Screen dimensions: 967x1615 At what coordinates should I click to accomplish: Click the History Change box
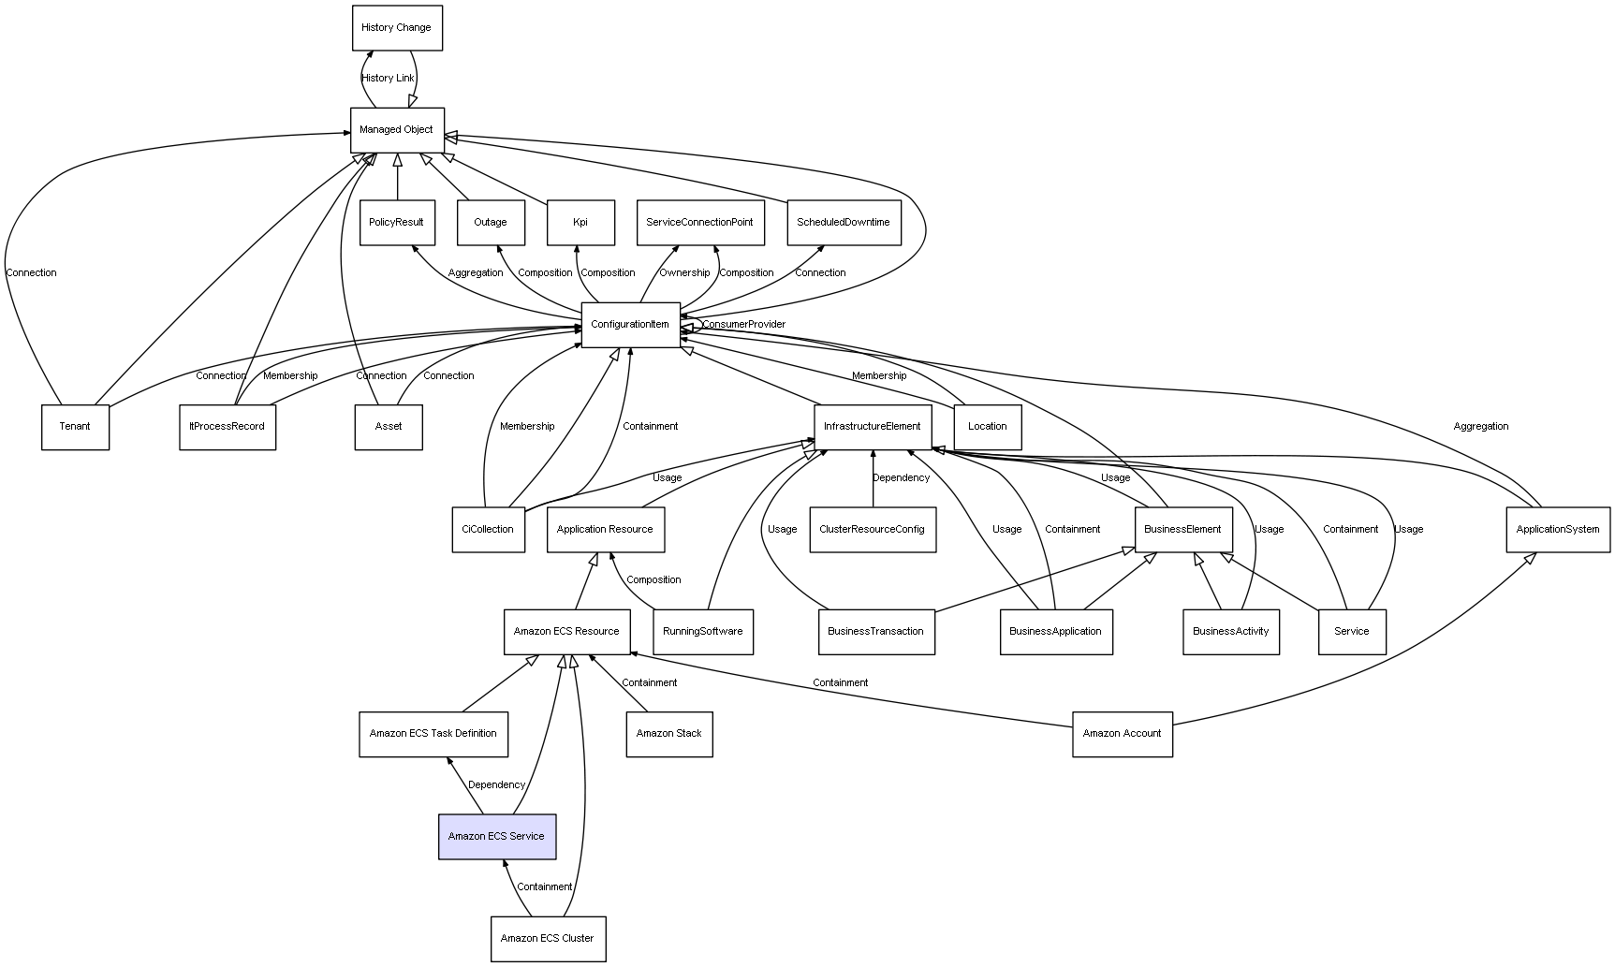pos(397,28)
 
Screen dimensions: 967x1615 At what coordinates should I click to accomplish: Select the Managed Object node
pos(397,130)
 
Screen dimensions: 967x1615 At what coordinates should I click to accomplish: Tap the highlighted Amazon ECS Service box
pos(497,836)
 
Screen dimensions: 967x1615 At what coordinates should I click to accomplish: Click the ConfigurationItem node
pos(630,325)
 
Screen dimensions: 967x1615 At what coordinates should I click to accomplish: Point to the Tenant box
pos(75,427)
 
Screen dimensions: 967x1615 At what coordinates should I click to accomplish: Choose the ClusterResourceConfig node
pos(872,530)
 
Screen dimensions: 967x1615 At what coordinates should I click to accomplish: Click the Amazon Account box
pos(1122,734)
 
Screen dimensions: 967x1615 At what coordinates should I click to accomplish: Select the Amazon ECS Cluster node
pos(548,939)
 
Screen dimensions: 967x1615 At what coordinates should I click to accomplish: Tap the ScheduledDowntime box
pos(844,223)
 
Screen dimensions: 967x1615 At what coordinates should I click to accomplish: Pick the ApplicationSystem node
pos(1558,530)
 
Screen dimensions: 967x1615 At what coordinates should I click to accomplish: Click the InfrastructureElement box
pos(873,427)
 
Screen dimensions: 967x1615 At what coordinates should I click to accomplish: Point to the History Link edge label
pos(388,79)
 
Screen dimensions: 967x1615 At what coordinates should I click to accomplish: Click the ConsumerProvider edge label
pos(744,325)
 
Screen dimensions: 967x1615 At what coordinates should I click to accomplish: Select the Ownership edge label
pos(684,273)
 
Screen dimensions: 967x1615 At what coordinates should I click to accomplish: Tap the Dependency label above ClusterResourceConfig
pos(901,478)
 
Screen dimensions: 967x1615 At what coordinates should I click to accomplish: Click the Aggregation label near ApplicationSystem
pos(1480,427)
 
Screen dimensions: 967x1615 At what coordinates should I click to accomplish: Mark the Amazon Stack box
pos(668,734)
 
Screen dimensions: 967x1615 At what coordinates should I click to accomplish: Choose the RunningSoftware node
pos(702,632)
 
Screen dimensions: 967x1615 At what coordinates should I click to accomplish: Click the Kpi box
pos(580,223)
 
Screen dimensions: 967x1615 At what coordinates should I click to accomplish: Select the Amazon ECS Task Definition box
pos(433,734)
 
